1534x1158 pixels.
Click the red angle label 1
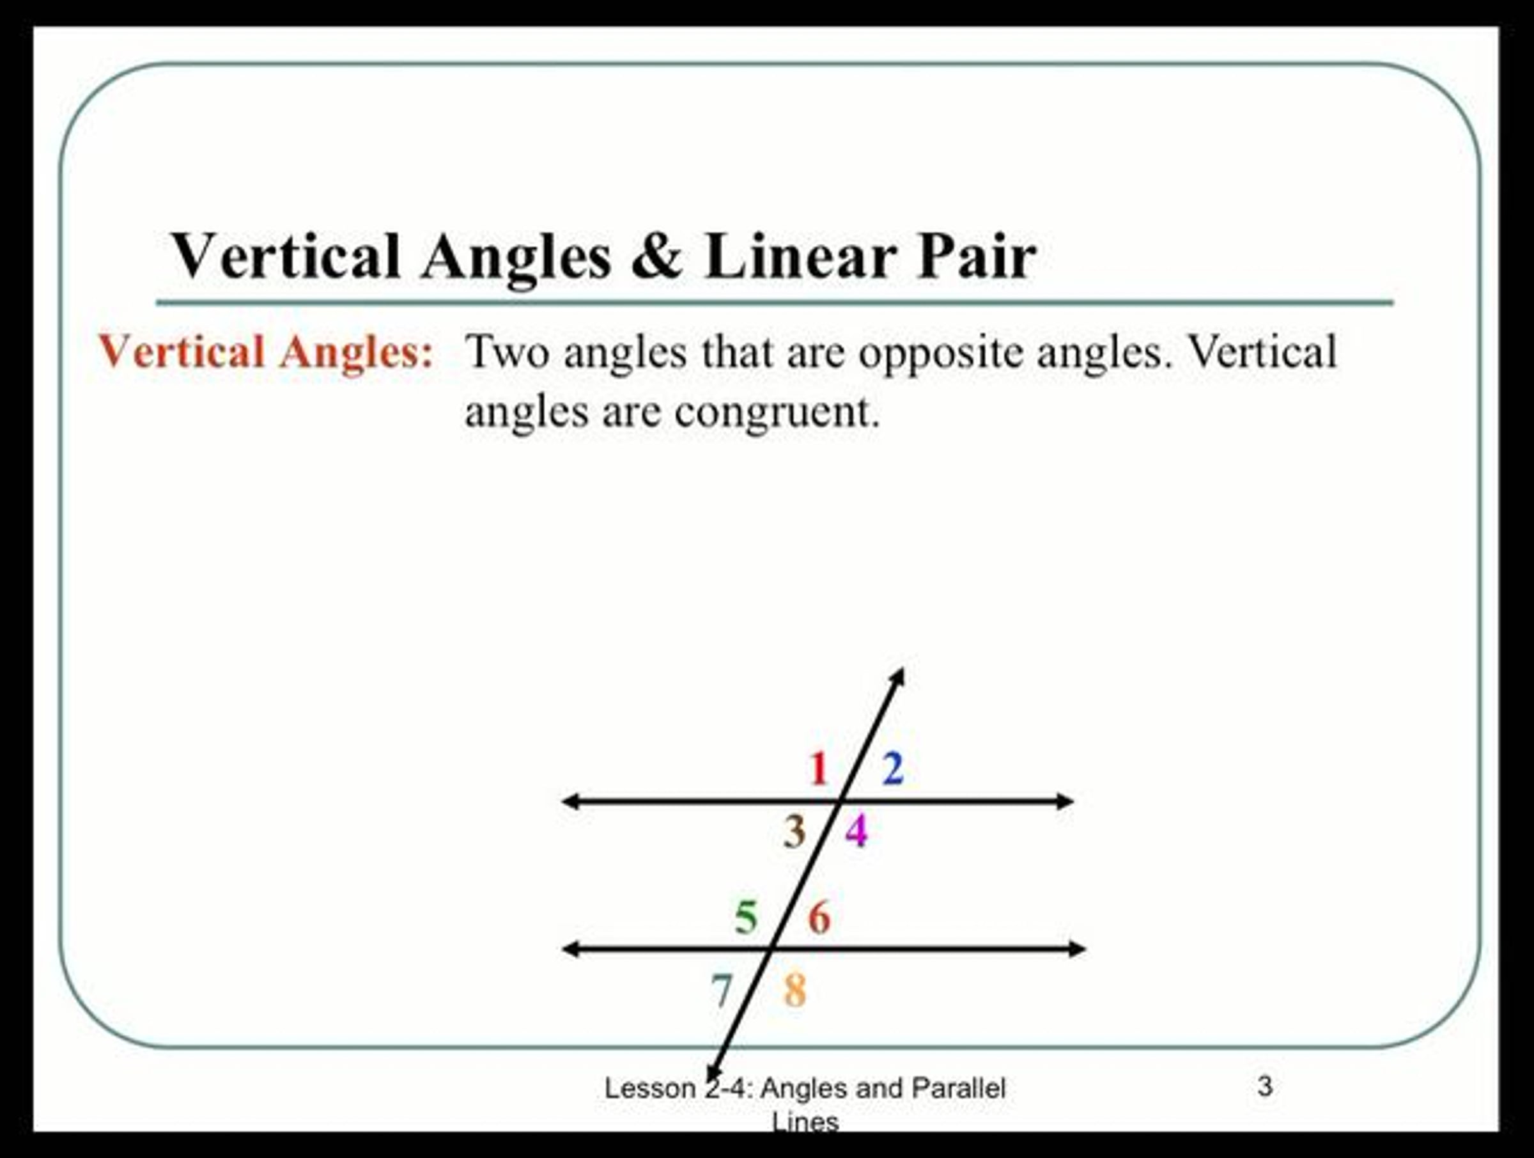pos(819,769)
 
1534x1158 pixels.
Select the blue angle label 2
pos(892,769)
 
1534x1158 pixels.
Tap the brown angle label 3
pos(794,831)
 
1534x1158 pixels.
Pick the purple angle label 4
pos(856,831)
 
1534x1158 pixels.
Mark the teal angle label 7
pos(722,990)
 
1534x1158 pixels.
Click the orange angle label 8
pos(794,990)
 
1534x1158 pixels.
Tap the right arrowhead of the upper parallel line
pos(1065,801)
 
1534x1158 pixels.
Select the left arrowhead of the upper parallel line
pos(570,801)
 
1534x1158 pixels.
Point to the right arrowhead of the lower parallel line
pos(1077,948)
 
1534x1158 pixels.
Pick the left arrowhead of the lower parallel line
pos(570,948)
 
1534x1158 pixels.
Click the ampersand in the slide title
pos(656,256)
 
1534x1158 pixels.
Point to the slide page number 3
pos(1265,1086)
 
